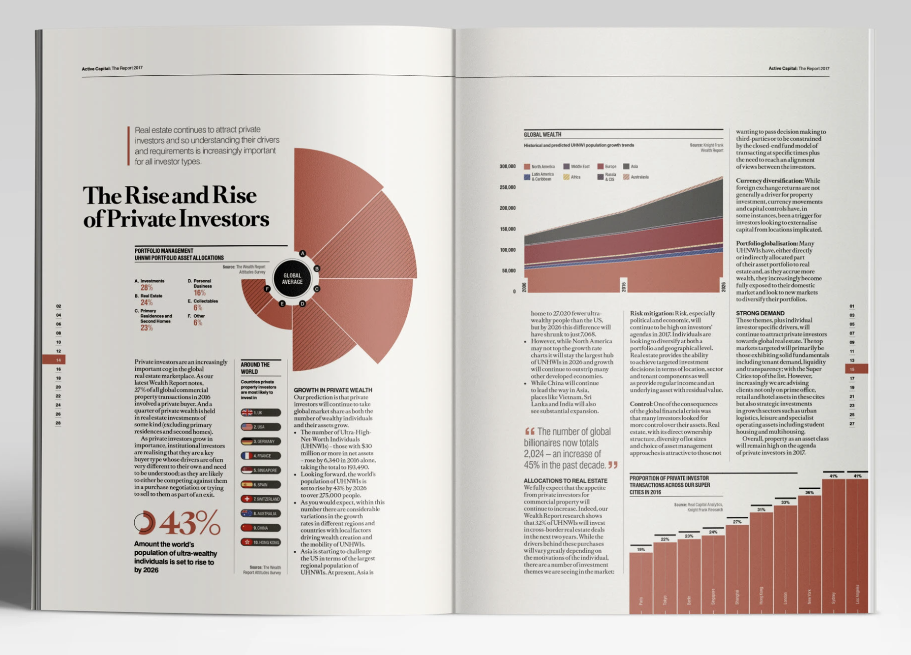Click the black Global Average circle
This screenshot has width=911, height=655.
pyautogui.click(x=292, y=279)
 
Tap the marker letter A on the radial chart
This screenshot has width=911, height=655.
pyautogui.click(x=303, y=254)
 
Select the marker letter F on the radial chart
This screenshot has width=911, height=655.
pyautogui.click(x=268, y=289)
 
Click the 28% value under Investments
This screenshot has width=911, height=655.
pyautogui.click(x=147, y=288)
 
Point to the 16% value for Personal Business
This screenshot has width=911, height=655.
pyautogui.click(x=199, y=293)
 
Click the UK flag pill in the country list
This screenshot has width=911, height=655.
pyautogui.click(x=260, y=413)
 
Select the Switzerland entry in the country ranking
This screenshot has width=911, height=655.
pyautogui.click(x=260, y=499)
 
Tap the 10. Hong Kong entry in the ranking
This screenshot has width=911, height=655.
pyautogui.click(x=260, y=542)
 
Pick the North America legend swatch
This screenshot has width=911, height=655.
pyautogui.click(x=527, y=167)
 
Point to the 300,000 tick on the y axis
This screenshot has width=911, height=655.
pyautogui.click(x=508, y=166)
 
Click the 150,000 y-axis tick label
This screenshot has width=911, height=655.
pyautogui.click(x=508, y=229)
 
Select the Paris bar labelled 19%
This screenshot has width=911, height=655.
pyautogui.click(x=641, y=580)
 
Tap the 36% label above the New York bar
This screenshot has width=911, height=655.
pyautogui.click(x=809, y=492)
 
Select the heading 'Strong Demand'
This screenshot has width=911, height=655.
pyautogui.click(x=760, y=313)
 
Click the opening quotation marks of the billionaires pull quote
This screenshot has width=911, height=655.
pyautogui.click(x=530, y=431)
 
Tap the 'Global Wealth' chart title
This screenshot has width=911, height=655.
pyautogui.click(x=543, y=135)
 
